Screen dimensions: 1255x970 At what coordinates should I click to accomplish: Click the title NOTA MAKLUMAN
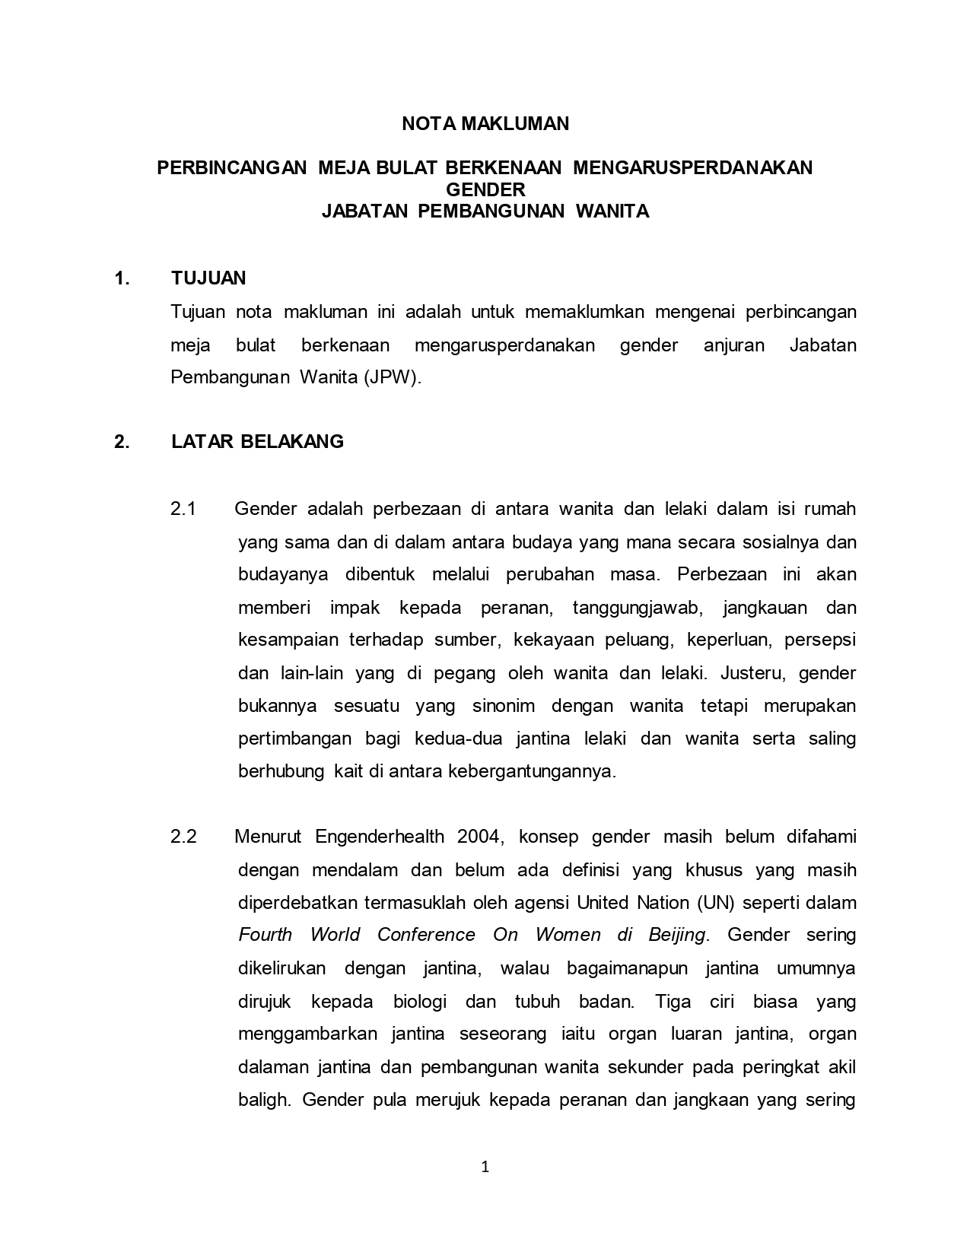(x=485, y=124)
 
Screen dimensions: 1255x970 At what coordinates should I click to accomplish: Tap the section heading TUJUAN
(x=208, y=278)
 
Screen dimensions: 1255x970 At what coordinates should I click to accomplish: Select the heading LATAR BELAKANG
(x=257, y=441)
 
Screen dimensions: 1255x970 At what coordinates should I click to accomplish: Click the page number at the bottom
(x=485, y=1167)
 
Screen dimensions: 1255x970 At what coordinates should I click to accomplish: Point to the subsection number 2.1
(x=183, y=509)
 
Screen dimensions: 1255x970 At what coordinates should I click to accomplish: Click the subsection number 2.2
(x=183, y=837)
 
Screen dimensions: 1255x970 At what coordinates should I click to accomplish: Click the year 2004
(x=480, y=837)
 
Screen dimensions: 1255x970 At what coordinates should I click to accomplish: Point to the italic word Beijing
(x=676, y=935)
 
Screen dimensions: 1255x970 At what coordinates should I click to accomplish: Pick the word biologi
(x=420, y=1001)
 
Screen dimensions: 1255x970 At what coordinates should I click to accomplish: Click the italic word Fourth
(x=264, y=935)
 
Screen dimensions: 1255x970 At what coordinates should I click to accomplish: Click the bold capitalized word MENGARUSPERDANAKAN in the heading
(x=692, y=167)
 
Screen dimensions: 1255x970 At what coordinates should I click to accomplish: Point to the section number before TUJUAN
(x=121, y=278)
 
